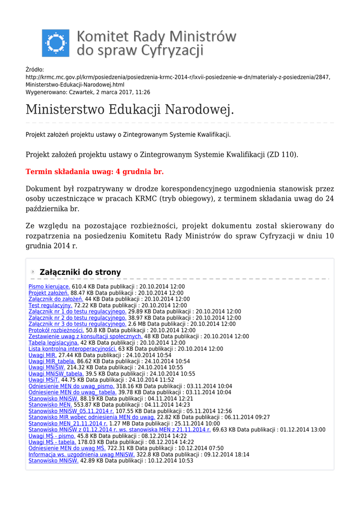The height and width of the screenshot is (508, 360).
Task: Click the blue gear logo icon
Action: (x=56, y=43)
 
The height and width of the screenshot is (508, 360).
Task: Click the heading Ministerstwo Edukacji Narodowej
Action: (x=130, y=109)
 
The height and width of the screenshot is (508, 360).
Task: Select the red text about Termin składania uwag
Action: (x=94, y=172)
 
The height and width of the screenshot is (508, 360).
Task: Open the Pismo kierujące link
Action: (x=49, y=287)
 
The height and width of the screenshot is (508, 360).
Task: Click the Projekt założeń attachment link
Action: (x=48, y=293)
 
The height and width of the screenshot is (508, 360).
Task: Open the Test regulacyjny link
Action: (x=50, y=306)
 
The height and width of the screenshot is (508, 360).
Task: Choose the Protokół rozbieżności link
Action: (x=56, y=330)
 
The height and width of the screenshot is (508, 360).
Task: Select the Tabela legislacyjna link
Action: (x=54, y=343)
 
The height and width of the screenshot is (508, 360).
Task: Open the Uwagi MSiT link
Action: (x=44, y=380)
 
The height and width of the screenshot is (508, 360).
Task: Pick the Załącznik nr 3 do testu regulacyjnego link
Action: (x=77, y=324)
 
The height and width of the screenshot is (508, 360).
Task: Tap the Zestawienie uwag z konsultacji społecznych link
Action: (x=85, y=336)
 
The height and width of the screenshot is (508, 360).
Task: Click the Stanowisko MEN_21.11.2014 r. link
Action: (x=68, y=424)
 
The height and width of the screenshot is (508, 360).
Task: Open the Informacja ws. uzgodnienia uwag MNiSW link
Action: (x=81, y=454)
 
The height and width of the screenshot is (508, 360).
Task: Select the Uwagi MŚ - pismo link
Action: (x=52, y=436)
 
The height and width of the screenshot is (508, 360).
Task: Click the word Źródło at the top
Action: (x=35, y=70)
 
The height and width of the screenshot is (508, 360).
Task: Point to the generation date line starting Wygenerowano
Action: (x=87, y=92)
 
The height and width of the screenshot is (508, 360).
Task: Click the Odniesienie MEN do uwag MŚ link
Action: (x=67, y=448)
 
